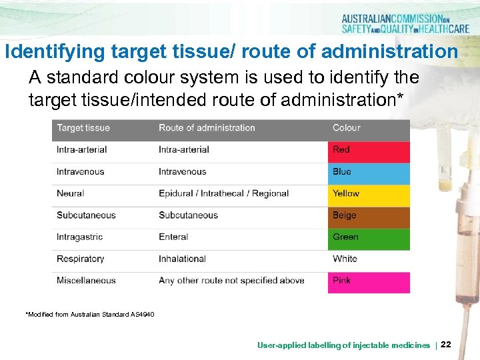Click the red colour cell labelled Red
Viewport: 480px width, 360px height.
pos(369,151)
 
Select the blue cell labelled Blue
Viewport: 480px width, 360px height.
pos(369,173)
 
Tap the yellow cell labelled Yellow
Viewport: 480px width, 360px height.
pos(369,194)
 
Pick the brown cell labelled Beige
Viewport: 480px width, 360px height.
pos(369,216)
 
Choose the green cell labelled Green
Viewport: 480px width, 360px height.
pos(369,238)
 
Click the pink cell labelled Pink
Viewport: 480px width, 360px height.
pos(369,281)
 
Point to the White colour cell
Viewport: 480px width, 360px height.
pos(369,259)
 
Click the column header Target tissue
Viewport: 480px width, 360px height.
pos(83,128)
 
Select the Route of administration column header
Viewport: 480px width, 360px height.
pos(207,128)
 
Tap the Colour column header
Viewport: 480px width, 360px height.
pos(347,128)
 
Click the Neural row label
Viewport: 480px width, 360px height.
pos(71,194)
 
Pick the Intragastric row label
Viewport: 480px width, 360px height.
pos(81,237)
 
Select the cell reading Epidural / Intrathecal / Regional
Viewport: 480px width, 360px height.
pos(223,194)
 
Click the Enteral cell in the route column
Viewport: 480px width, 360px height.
pos(173,237)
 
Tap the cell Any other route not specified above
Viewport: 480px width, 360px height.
pos(231,281)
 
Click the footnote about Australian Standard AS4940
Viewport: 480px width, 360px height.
pos(90,314)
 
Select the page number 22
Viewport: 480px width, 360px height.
pos(446,345)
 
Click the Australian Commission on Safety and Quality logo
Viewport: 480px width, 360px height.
pos(405,24)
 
